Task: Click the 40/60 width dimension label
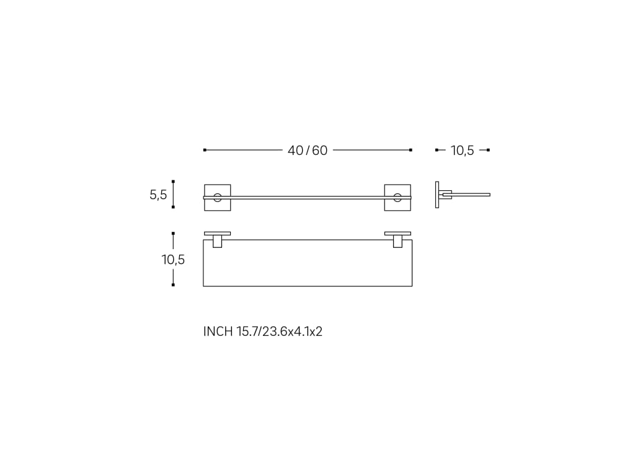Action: (x=308, y=151)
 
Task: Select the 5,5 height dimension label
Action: (x=158, y=195)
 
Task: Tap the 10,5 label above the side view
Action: (x=462, y=151)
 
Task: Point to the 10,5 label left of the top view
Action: (x=173, y=260)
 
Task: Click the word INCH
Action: (x=218, y=332)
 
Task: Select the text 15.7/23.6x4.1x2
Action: (x=280, y=332)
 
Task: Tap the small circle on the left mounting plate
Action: (x=218, y=193)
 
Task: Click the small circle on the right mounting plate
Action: (x=397, y=193)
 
